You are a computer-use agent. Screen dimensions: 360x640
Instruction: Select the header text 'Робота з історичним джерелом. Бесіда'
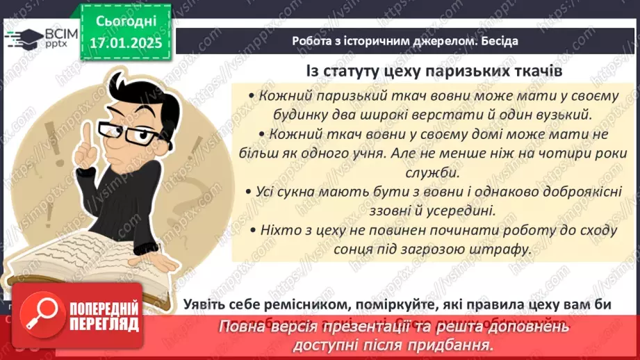pyautogui.click(x=404, y=41)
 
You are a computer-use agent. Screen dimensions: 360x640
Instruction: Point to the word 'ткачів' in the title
pyautogui.click(x=534, y=72)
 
